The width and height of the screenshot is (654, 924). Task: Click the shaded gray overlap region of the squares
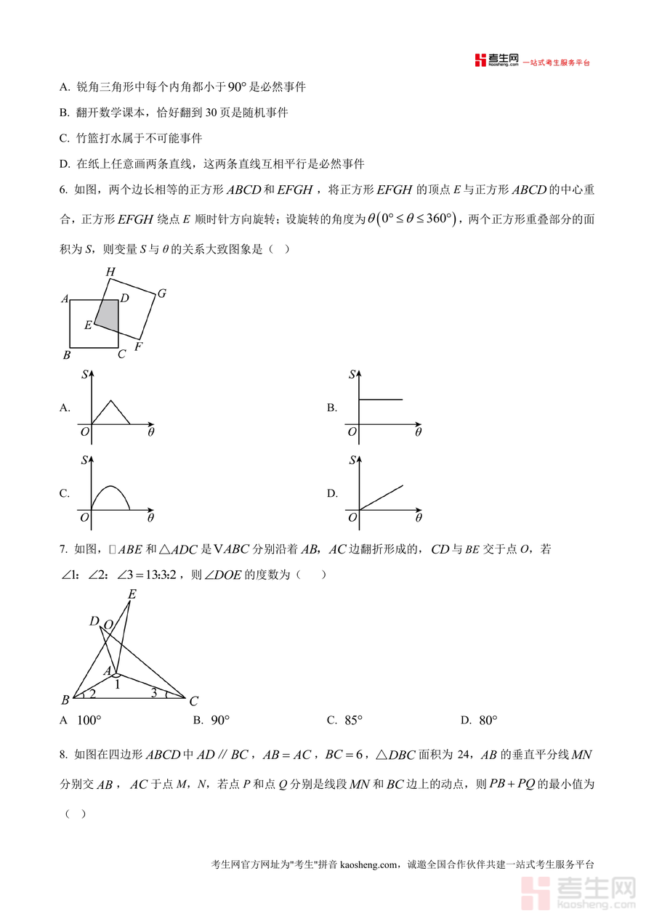[x=107, y=315]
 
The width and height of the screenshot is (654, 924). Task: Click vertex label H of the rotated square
[x=110, y=272]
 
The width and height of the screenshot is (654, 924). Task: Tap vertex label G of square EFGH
[x=161, y=293]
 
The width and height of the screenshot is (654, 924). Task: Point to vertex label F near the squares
[x=138, y=346]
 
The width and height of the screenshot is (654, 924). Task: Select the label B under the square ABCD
[x=66, y=355]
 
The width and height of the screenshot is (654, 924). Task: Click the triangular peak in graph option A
[x=110, y=402]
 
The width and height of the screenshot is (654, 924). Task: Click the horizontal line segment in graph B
[x=380, y=400]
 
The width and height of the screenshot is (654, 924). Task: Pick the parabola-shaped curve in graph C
[x=110, y=489]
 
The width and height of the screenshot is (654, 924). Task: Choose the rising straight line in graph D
[x=380, y=497]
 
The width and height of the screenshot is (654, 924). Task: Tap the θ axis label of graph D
[x=419, y=518]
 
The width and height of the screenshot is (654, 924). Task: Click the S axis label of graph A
[x=85, y=375]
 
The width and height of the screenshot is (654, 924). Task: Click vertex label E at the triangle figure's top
[x=132, y=594]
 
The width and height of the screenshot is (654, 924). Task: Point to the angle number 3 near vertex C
[x=153, y=692]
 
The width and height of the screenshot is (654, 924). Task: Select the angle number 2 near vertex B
[x=92, y=694]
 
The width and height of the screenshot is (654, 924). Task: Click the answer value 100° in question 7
[x=89, y=721]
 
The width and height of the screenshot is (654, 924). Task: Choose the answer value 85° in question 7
[x=353, y=721]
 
